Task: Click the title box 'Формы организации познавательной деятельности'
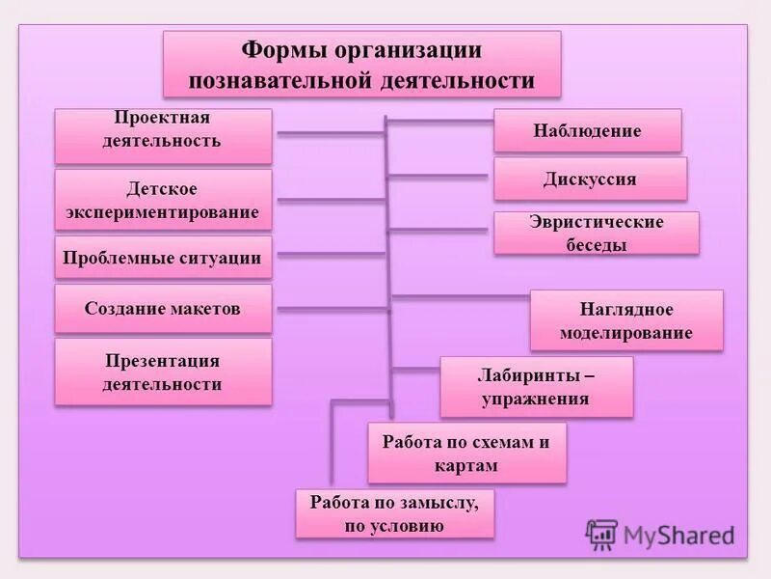click(361, 64)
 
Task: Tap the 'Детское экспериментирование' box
click(162, 200)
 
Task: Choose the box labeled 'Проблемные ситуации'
click(162, 259)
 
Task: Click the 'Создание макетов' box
click(162, 309)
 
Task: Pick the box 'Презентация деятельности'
click(162, 372)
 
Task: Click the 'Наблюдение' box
click(587, 130)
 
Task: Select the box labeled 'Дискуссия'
click(590, 179)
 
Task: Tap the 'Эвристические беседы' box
click(596, 234)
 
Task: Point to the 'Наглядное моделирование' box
click(625, 321)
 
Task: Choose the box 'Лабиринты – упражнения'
click(536, 386)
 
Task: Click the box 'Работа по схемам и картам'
click(465, 454)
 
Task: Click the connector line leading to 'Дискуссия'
click(439, 176)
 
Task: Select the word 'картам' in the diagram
click(465, 465)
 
